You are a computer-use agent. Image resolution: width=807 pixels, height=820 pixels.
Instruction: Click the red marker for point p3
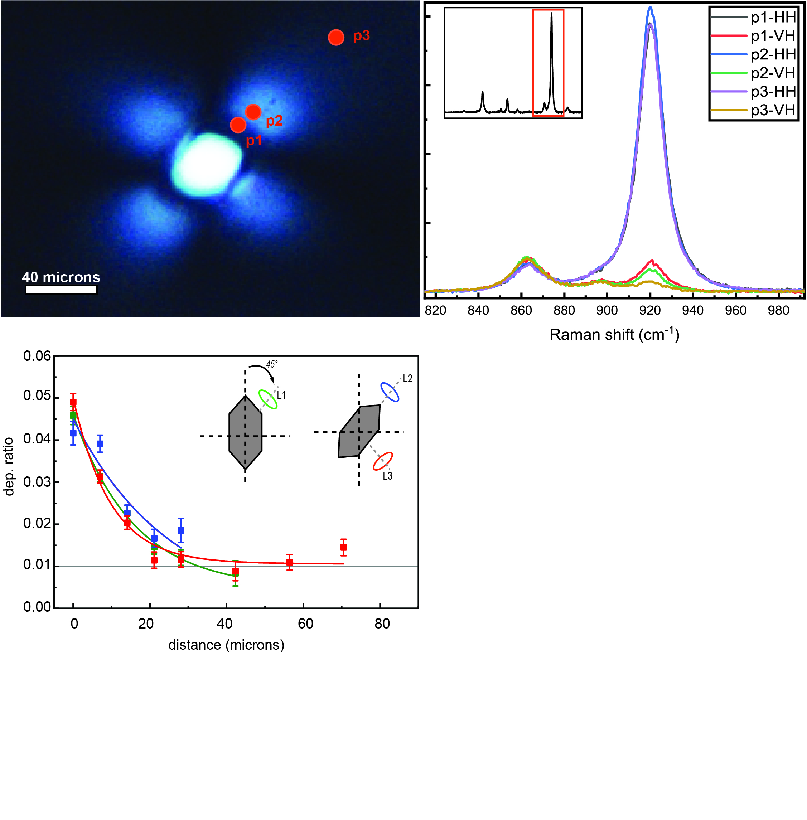[x=336, y=38]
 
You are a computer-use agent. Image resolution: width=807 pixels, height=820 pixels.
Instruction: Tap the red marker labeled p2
[x=253, y=112]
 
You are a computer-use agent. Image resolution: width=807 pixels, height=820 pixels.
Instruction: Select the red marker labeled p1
[x=238, y=125]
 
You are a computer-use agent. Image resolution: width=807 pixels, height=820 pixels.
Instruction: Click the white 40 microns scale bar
[x=62, y=290]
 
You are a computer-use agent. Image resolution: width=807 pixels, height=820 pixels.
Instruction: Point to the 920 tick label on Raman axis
[x=650, y=310]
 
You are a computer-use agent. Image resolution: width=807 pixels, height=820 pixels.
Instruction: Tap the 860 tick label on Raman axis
[x=521, y=310]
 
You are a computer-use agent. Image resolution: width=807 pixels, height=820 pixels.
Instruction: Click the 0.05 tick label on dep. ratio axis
[x=37, y=396]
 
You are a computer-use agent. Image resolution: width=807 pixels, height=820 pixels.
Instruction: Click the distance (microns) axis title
[x=226, y=645]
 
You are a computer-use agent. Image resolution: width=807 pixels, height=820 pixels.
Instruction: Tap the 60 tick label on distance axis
[x=305, y=624]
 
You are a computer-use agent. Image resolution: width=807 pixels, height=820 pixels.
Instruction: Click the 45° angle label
[x=272, y=364]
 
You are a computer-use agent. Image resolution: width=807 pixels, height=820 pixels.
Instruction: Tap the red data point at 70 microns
[x=344, y=548]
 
